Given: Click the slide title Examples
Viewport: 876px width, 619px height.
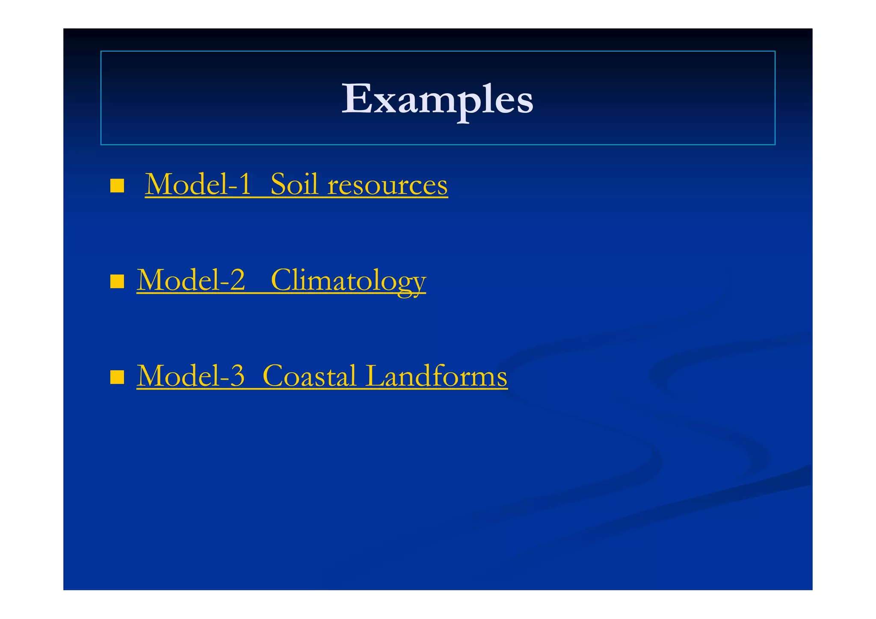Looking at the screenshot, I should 437,99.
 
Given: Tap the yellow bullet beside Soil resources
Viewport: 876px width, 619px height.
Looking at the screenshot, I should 117,186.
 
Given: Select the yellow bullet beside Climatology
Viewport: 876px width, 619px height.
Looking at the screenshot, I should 117,282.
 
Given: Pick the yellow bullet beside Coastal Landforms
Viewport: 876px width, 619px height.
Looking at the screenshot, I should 117,377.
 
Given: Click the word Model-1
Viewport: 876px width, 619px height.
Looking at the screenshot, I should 198,185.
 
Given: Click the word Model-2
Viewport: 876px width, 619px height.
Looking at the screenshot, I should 191,280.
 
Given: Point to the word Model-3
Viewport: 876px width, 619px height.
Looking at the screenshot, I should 191,376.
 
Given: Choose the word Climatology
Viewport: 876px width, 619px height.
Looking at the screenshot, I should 348,281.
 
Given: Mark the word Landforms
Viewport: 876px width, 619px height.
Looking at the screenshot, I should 436,376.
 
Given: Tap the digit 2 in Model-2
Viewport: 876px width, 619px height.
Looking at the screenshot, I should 237,280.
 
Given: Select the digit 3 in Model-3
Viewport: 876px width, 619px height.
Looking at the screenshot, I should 237,376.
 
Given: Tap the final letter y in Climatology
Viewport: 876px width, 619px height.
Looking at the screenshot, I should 418,284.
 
